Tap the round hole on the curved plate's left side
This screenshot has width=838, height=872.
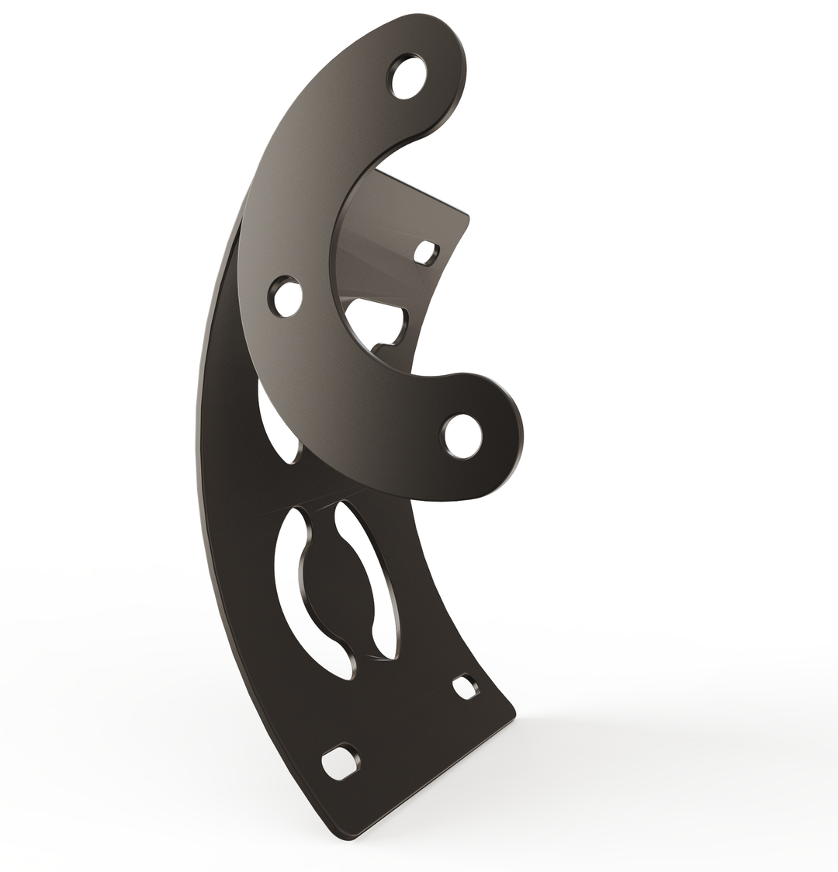coord(286,297)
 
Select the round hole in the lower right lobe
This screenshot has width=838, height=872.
coord(463,436)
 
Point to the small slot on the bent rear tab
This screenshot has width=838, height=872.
coord(425,252)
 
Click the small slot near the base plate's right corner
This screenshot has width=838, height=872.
coord(465,687)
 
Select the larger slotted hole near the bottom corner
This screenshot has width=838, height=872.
coord(340,762)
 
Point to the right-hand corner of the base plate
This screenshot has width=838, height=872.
coord(514,710)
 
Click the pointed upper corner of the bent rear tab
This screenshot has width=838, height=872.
coord(468,216)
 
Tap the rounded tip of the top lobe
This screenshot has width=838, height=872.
coord(458,47)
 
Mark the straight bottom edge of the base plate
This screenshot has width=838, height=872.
coord(435,776)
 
